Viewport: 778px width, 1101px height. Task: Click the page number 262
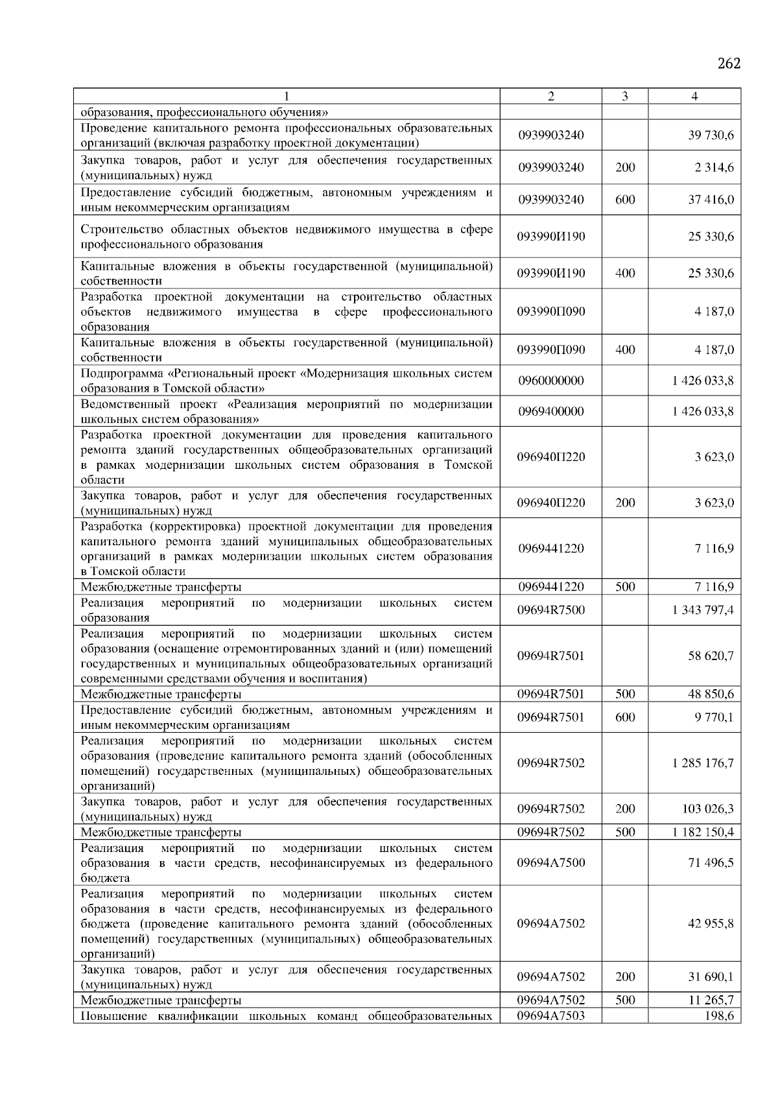point(729,64)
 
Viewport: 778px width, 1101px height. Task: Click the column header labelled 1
point(286,97)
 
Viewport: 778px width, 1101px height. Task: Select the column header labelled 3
point(624,97)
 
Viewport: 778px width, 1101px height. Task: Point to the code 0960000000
point(550,381)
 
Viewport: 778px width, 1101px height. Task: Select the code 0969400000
point(550,411)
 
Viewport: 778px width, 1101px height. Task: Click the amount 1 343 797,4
point(703,610)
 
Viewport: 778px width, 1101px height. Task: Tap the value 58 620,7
point(711,656)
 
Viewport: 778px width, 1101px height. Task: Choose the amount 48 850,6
point(711,694)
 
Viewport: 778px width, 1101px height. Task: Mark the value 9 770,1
point(714,717)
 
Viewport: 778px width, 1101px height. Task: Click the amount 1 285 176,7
point(703,763)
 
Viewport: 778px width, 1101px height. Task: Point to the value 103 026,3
point(709,809)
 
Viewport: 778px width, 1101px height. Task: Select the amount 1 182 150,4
point(703,832)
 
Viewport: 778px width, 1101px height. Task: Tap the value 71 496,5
point(711,862)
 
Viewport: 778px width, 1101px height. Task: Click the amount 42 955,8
point(711,923)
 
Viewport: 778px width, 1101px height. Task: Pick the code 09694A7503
point(550,1015)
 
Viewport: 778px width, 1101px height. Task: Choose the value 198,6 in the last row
point(719,1015)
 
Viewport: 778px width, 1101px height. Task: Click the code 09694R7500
point(550,610)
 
